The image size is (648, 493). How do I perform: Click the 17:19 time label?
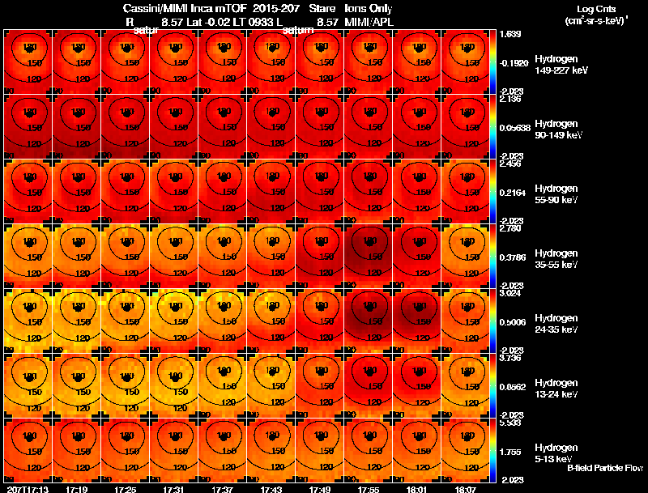point(77,489)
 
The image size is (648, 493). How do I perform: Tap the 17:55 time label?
point(369,489)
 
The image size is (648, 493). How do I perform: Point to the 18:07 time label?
point(466,489)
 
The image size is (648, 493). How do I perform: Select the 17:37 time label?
point(223,489)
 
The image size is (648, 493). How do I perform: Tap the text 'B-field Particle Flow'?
point(604,468)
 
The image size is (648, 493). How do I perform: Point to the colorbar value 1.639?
point(511,35)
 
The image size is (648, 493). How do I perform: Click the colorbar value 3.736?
point(511,359)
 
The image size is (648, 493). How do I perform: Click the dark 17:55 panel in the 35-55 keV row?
point(369,257)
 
